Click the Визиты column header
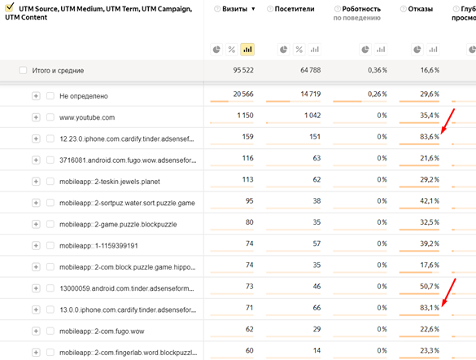click(x=234, y=9)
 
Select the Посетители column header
click(x=295, y=9)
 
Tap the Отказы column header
click(x=420, y=9)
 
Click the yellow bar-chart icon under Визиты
click(x=247, y=50)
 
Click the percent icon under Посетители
click(x=299, y=50)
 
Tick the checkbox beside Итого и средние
click(x=23, y=71)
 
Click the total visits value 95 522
click(x=243, y=70)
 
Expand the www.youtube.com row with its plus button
click(x=36, y=117)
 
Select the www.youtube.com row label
click(x=87, y=117)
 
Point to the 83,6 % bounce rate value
click(x=430, y=137)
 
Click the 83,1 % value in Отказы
click(x=430, y=308)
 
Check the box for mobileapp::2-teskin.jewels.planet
click(x=50, y=182)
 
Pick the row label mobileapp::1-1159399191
click(x=98, y=245)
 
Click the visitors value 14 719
click(x=311, y=94)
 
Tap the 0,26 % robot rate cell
click(x=378, y=94)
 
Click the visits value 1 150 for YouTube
click(x=245, y=116)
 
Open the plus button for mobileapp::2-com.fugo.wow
click(x=36, y=331)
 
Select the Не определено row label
click(x=84, y=96)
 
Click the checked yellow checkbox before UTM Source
click(x=10, y=7)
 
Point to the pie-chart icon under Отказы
click(x=417, y=50)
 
